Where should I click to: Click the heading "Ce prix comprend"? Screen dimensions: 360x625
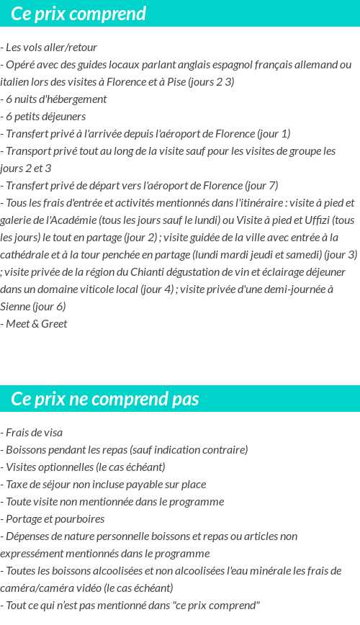click(x=78, y=14)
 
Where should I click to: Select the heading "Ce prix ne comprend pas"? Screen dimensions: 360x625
click(x=105, y=399)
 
